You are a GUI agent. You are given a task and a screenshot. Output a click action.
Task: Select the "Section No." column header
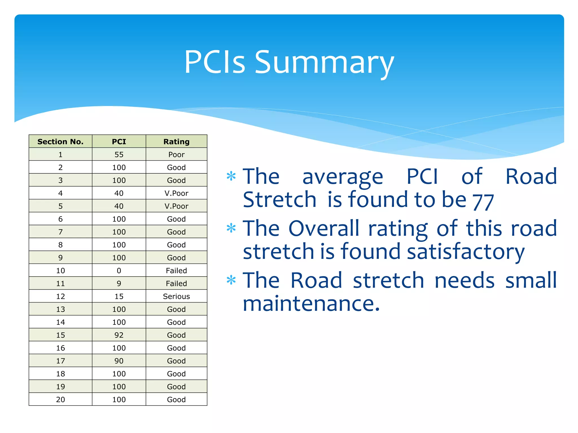60,142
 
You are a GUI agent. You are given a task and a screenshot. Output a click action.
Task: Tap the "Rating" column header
176,142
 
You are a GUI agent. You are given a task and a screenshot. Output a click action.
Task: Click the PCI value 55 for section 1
119,154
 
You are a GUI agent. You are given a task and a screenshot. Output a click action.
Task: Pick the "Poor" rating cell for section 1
176,154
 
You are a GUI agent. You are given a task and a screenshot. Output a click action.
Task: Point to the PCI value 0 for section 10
119,271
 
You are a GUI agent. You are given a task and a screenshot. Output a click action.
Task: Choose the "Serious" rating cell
176,296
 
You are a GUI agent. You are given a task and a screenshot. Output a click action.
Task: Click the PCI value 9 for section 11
119,283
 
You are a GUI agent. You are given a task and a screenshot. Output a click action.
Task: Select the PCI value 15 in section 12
119,296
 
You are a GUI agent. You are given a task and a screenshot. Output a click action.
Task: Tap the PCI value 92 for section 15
119,335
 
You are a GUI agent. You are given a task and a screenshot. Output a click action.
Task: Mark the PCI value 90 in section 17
119,361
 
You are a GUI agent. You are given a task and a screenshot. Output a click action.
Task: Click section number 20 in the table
60,399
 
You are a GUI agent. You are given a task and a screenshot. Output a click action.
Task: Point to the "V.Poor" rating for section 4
176,193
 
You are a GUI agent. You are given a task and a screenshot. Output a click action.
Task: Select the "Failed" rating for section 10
176,271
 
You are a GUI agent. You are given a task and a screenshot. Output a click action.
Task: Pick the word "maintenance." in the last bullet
311,304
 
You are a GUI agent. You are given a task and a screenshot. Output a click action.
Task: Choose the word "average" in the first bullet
343,177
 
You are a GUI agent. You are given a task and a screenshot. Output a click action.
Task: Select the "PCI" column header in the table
119,142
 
